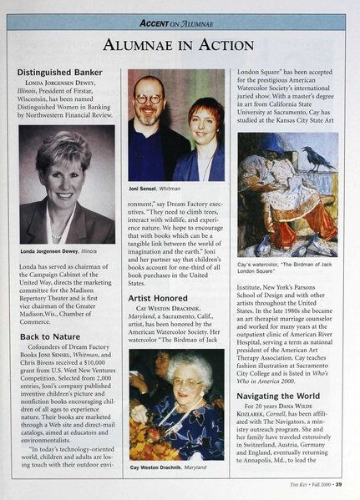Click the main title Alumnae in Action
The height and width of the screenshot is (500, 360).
180,43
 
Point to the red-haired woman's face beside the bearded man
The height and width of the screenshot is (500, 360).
204,118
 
